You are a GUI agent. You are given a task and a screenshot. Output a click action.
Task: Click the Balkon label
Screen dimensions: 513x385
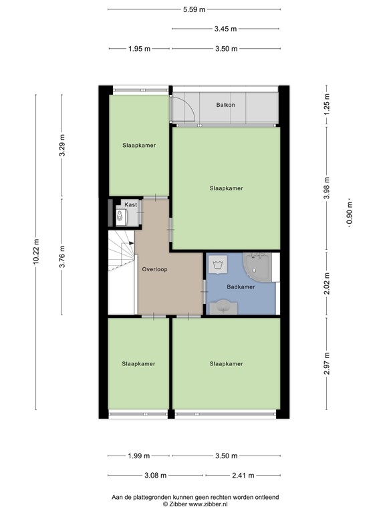(225, 106)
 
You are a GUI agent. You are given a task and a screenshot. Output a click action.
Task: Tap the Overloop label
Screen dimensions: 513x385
(154, 269)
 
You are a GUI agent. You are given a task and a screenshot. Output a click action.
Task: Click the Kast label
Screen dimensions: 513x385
(130, 204)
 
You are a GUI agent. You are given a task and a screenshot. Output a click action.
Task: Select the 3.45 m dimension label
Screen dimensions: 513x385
(226, 29)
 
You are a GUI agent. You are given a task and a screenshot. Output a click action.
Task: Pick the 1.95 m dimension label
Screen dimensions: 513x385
(139, 48)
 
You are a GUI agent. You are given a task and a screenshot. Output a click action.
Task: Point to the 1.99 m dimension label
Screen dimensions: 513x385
(139, 456)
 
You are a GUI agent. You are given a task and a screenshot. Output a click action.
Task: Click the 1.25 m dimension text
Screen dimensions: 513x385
(327, 105)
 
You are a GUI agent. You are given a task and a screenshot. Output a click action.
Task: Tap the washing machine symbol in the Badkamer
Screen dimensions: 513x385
(219, 266)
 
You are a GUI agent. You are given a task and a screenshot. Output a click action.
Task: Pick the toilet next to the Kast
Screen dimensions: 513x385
(120, 216)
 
